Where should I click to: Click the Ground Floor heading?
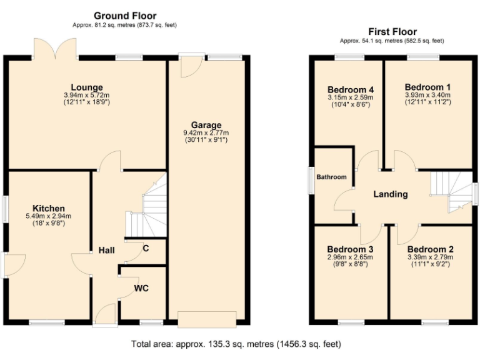coord(125,16)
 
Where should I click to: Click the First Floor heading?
coord(392,32)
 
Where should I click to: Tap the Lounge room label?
coord(86,87)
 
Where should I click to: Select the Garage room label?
coord(206,125)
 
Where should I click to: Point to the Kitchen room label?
coord(49,208)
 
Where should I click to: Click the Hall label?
coord(106,250)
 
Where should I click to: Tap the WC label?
coord(141,289)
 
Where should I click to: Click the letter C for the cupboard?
coord(146,247)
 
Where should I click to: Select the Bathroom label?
coord(331,177)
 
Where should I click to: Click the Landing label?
coord(391,194)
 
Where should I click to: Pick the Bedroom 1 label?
coord(427,87)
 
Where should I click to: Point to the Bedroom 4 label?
coord(349,89)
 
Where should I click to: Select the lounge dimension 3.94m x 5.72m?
coord(86,95)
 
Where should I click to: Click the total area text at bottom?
coord(236,344)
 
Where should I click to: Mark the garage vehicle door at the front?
coord(207,318)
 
